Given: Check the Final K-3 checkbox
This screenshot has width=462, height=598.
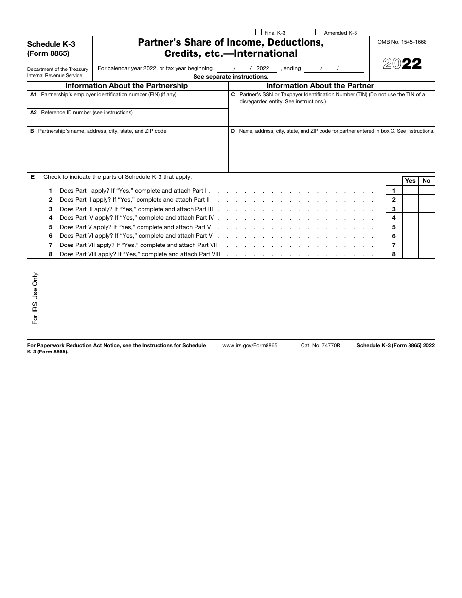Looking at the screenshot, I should (258, 33).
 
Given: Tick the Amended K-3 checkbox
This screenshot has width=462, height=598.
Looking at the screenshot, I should (319, 33).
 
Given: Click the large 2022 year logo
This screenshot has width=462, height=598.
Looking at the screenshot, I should (402, 64).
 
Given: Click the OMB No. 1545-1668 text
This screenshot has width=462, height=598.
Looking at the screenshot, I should (402, 42).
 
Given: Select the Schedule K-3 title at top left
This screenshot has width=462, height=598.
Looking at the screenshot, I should (51, 44).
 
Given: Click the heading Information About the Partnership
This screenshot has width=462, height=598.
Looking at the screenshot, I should (126, 86).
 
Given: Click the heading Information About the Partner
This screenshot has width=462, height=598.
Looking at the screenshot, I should (320, 86).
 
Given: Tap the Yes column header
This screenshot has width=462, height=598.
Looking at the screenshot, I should (410, 181).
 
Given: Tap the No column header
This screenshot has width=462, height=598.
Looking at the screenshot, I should (426, 181).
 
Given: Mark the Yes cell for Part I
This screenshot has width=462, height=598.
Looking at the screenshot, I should (410, 191).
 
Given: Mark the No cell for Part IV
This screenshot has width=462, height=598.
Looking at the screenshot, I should (426, 218).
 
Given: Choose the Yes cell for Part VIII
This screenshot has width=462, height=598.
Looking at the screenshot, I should (410, 254).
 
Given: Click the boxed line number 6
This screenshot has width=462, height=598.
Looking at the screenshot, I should (394, 236).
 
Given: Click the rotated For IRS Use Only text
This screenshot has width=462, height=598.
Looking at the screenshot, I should (35, 298).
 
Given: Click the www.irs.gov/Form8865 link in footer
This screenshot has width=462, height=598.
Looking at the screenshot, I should (249, 345).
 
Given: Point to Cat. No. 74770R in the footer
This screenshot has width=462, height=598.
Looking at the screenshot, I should (320, 345).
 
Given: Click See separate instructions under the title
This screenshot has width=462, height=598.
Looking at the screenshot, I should (231, 77).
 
